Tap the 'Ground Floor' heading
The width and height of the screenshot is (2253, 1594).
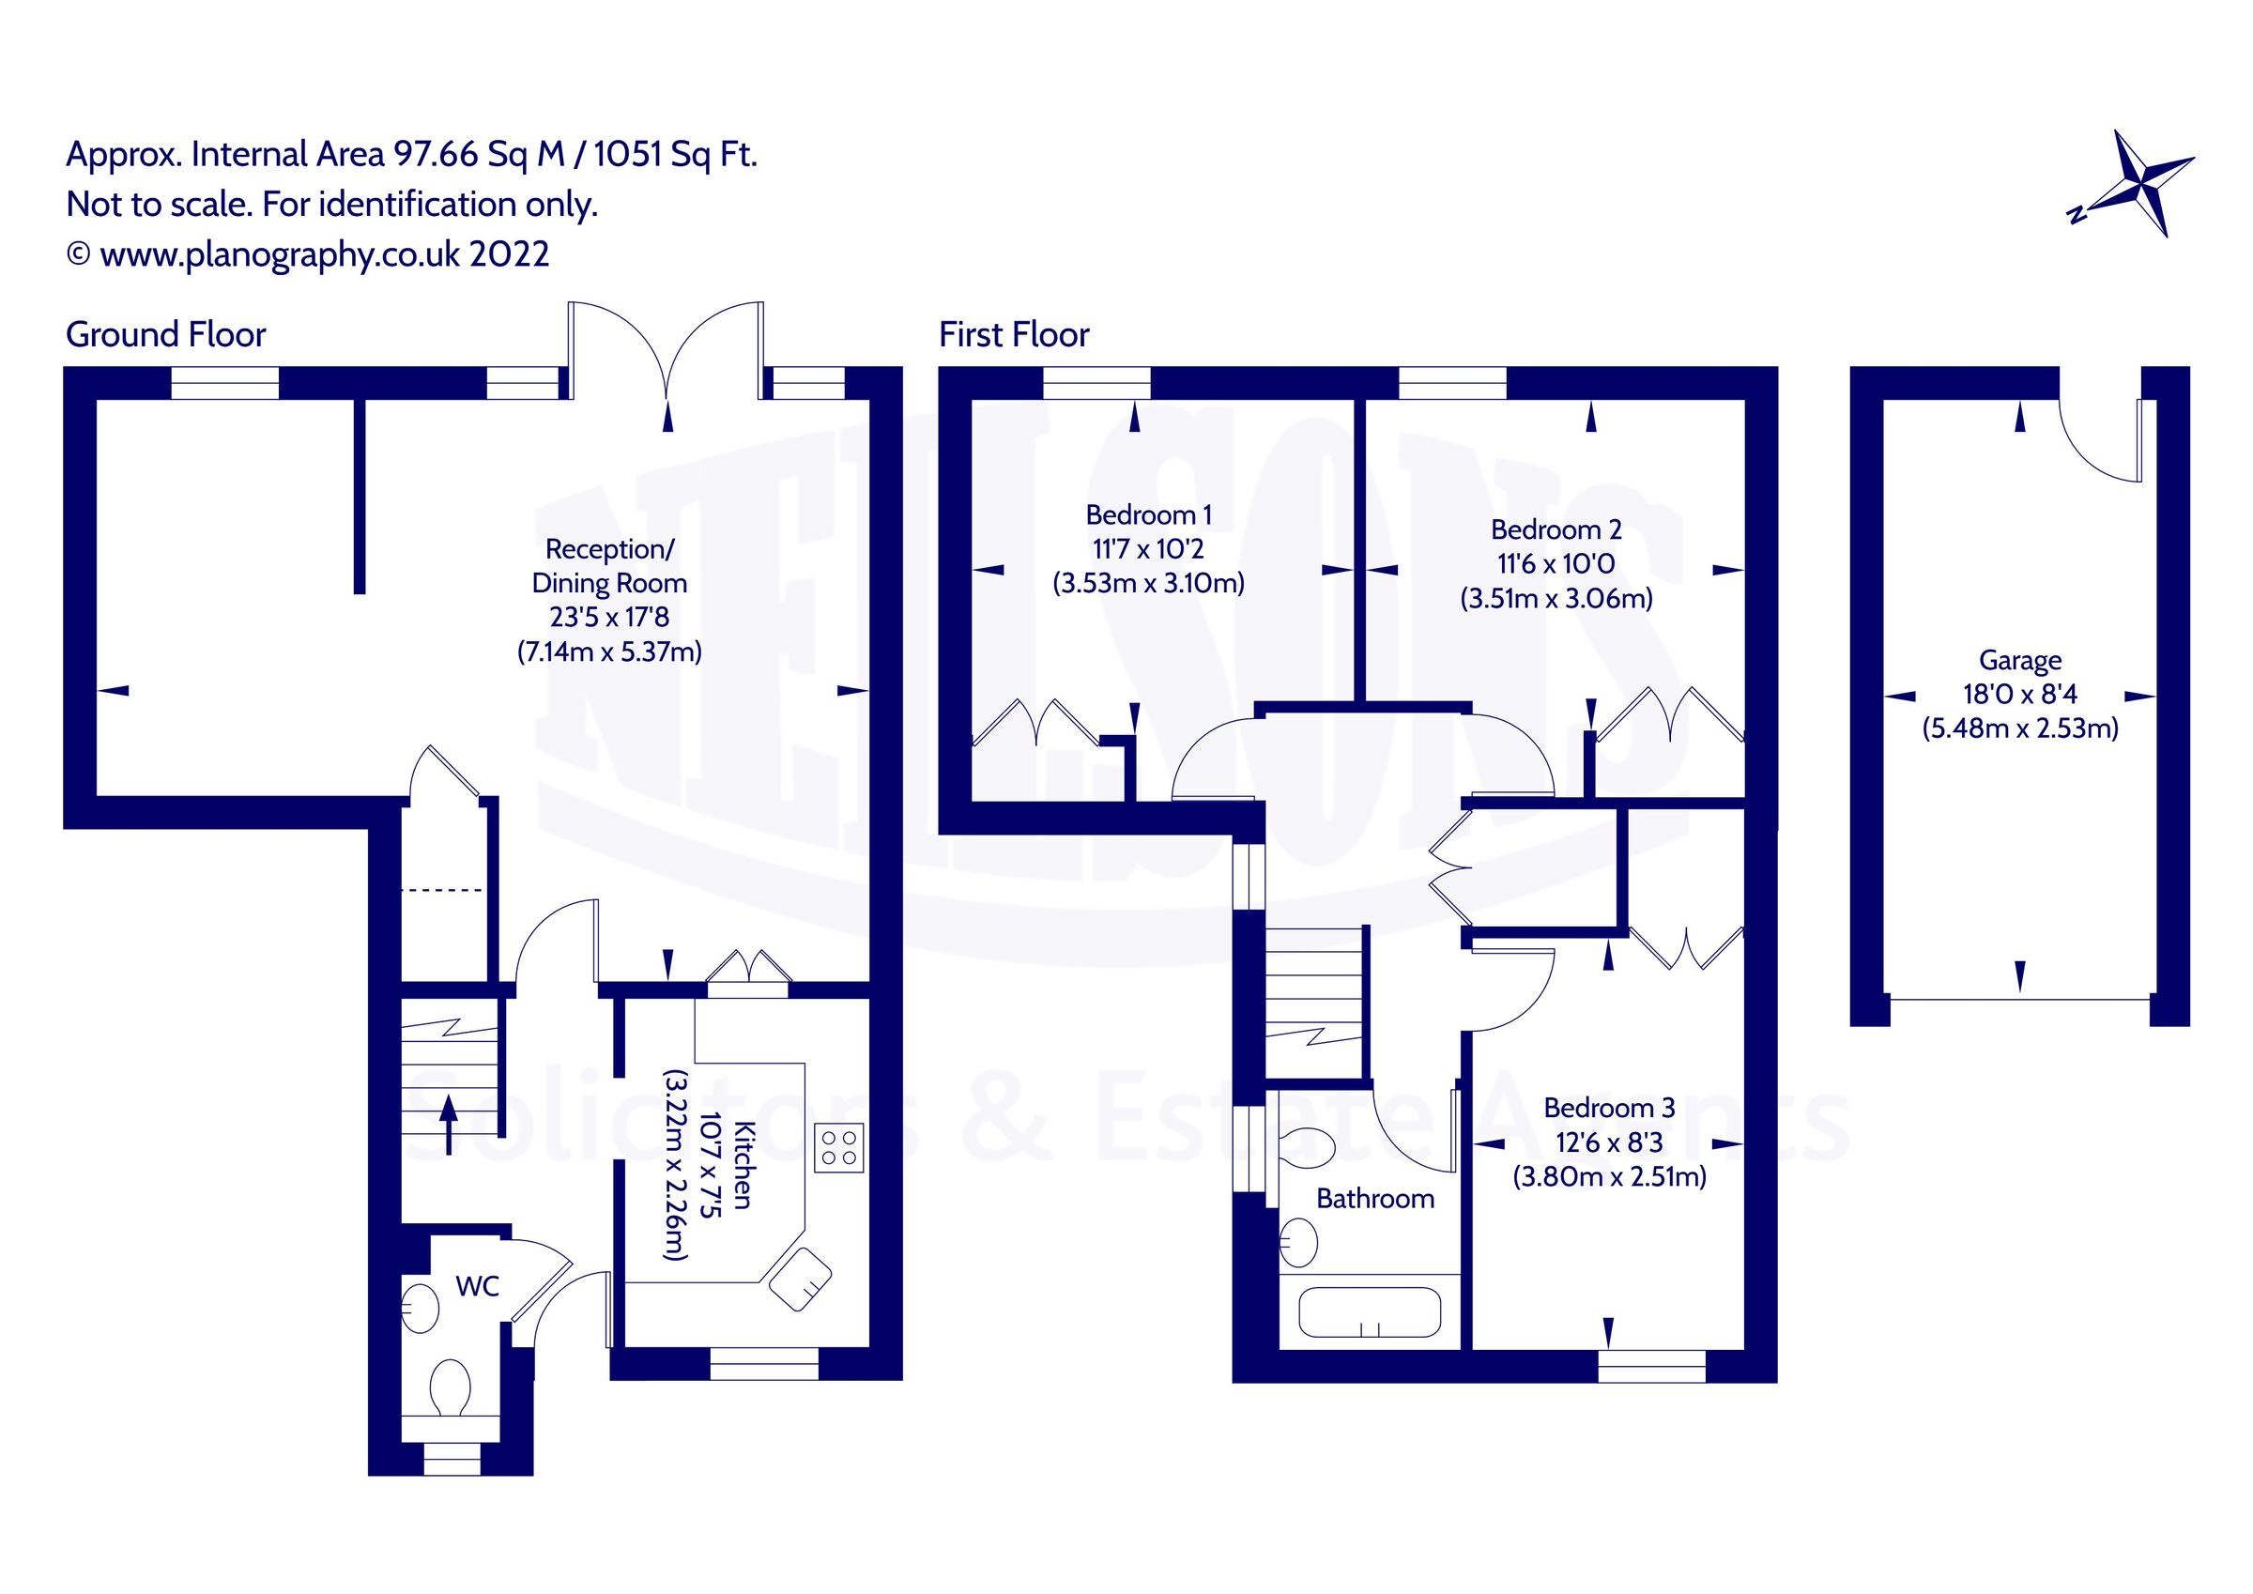(165, 335)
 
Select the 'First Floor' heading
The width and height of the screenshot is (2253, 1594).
(1014, 335)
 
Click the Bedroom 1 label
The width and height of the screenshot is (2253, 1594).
(1148, 514)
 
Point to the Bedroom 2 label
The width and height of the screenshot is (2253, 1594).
(1556, 529)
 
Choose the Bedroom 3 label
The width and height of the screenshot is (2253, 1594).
(1608, 1107)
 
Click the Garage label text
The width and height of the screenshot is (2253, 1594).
(2019, 660)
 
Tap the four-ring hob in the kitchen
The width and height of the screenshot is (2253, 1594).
(839, 1147)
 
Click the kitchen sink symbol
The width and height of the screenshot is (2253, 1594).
(801, 1277)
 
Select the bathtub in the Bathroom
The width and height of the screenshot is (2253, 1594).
(1369, 1313)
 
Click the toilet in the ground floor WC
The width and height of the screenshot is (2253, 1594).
(450, 1387)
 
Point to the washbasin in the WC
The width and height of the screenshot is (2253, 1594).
(421, 1307)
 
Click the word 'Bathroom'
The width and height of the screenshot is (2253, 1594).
(1374, 1199)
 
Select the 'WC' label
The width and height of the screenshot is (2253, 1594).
(477, 1286)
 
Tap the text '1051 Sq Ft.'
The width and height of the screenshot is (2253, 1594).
(675, 154)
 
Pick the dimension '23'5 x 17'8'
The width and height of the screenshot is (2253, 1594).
(608, 617)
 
